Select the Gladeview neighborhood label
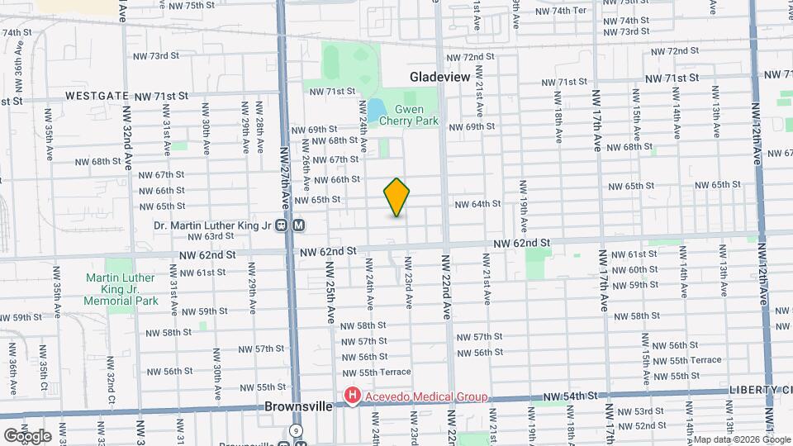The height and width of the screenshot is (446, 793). [x=439, y=77]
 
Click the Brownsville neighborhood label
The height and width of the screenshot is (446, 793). [x=298, y=407]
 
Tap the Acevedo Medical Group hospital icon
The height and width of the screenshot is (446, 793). [x=353, y=397]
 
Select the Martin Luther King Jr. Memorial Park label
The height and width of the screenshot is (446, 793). [x=121, y=289]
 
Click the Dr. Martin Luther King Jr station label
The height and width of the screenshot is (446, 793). [x=212, y=224]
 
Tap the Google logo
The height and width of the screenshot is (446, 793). [x=27, y=435]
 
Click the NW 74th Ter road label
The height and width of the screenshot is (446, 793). [x=561, y=10]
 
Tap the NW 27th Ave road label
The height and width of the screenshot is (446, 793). [x=285, y=177]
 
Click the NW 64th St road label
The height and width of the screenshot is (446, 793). [x=477, y=204]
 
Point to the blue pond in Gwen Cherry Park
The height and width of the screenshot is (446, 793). [x=377, y=109]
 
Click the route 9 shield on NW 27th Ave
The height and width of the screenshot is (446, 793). [x=296, y=431]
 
